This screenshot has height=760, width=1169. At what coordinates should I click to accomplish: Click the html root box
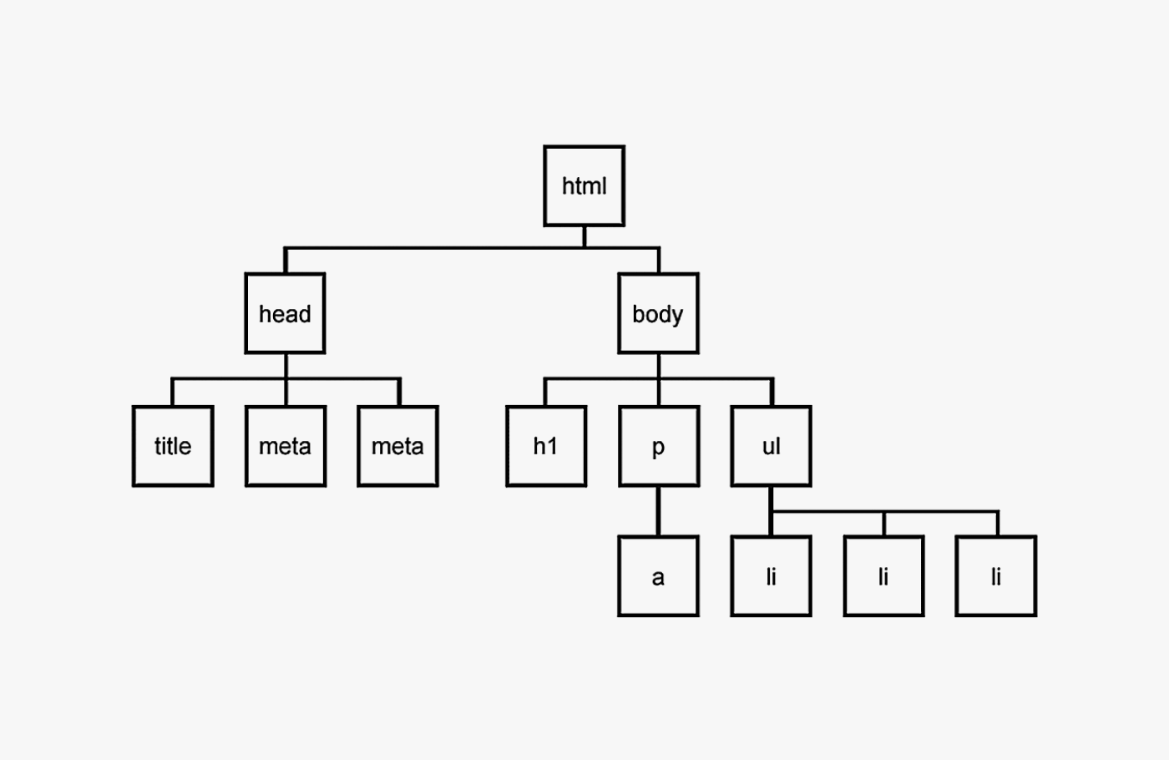[584, 185]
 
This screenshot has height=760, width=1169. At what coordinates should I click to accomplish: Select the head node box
[285, 313]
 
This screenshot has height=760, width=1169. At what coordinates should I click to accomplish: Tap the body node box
[658, 313]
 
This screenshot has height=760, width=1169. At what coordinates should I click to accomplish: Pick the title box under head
[173, 446]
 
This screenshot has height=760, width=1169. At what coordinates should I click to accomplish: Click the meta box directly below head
[286, 446]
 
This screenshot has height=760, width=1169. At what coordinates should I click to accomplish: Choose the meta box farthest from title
[397, 446]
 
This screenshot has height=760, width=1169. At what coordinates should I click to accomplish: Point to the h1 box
[546, 446]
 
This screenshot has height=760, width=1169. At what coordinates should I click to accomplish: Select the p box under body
[659, 446]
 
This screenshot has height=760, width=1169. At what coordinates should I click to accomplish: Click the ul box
[771, 446]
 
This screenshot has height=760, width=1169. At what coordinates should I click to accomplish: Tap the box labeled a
[658, 576]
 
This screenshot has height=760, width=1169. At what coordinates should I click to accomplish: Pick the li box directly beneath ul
[771, 576]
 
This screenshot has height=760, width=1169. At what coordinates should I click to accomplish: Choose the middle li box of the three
[883, 576]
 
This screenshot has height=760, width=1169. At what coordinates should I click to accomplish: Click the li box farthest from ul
[996, 576]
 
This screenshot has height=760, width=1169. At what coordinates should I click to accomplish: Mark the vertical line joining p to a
[658, 511]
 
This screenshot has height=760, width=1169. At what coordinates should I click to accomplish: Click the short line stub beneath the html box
[584, 236]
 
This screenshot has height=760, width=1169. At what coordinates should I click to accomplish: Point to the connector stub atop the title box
[173, 393]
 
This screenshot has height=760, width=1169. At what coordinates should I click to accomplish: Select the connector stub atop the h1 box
[546, 393]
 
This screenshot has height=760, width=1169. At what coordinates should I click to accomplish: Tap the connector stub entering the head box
[286, 261]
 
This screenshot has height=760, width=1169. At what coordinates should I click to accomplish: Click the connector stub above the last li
[998, 524]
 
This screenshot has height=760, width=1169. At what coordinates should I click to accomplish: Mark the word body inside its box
[658, 315]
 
